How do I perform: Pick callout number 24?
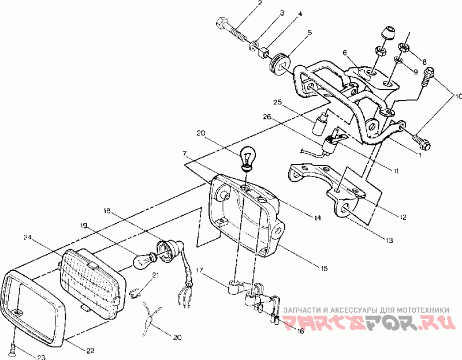27,237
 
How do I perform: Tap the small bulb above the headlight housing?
247,158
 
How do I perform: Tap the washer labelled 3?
255,44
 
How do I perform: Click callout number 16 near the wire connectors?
300,331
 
